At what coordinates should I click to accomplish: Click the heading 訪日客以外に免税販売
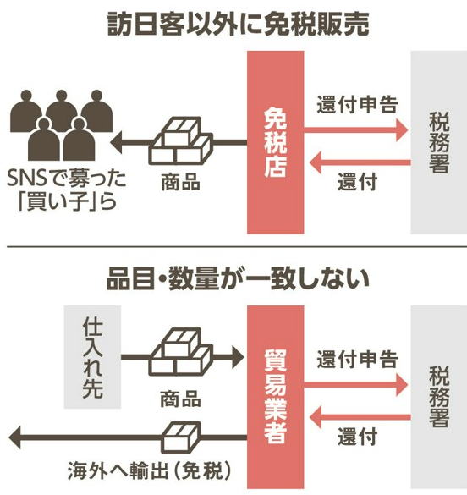pyautogui.click(x=239, y=25)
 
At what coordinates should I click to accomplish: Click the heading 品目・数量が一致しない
pyautogui.click(x=239, y=279)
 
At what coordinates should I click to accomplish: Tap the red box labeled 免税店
pyautogui.click(x=276, y=142)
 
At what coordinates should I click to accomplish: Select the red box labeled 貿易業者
pyautogui.click(x=276, y=397)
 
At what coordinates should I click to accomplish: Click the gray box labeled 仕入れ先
pyautogui.click(x=92, y=357)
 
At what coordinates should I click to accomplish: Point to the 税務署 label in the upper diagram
pyautogui.click(x=439, y=142)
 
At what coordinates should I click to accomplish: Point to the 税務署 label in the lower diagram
pyautogui.click(x=439, y=397)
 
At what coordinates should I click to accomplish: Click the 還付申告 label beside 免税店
pyautogui.click(x=357, y=104)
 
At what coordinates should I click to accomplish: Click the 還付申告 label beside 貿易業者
pyautogui.click(x=357, y=360)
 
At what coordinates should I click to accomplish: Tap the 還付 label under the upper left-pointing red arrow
pyautogui.click(x=358, y=182)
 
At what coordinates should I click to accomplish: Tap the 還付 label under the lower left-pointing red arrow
pyautogui.click(x=358, y=437)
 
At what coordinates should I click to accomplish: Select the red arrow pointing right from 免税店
pyautogui.click(x=356, y=129)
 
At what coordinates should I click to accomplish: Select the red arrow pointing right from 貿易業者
pyautogui.click(x=356, y=384)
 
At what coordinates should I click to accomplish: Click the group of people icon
pyautogui.click(x=62, y=125)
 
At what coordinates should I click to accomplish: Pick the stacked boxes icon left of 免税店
pyautogui.click(x=180, y=140)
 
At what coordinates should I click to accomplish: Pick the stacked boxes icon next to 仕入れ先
pyautogui.click(x=180, y=352)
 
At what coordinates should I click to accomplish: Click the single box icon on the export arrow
pyautogui.click(x=181, y=437)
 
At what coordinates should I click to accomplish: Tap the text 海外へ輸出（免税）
pyautogui.click(x=149, y=471)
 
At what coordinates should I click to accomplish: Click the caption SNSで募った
pyautogui.click(x=67, y=179)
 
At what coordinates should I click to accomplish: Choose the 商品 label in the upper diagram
pyautogui.click(x=180, y=182)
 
